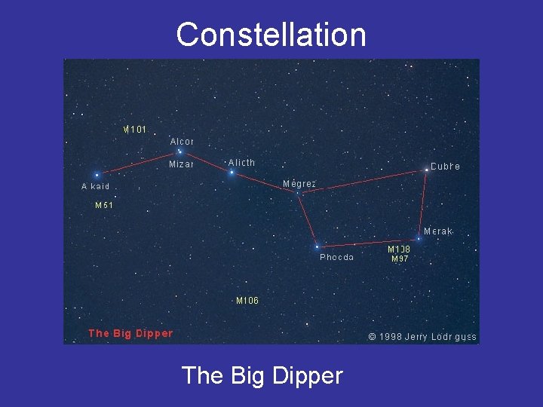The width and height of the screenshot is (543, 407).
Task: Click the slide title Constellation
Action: tap(271, 35)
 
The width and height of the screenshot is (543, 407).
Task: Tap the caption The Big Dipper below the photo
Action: tap(262, 375)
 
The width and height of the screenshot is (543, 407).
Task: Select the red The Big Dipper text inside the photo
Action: tap(130, 333)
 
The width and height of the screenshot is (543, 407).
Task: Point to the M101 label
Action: tap(135, 129)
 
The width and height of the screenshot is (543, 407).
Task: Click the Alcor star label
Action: tap(182, 141)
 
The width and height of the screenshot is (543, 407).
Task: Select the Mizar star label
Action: tap(181, 164)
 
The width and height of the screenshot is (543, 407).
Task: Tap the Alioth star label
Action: tap(241, 162)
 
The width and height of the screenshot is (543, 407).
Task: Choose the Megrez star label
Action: tap(299, 183)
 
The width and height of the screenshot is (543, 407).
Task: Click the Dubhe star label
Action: tap(445, 166)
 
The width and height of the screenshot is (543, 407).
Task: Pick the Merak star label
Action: tap(438, 231)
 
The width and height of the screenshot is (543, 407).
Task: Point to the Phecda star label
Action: tap(336, 257)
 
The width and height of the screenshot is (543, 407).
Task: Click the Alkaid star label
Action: tap(96, 186)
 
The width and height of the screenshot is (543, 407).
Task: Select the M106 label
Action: tap(247, 300)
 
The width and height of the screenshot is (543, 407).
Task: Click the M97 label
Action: tap(400, 259)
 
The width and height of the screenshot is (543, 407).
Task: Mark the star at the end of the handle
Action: tap(97, 175)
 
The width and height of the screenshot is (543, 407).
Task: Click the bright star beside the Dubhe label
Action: tap(426, 170)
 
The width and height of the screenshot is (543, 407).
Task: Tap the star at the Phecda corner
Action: tap(317, 246)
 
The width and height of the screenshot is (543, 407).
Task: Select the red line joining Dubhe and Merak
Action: tap(422, 204)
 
